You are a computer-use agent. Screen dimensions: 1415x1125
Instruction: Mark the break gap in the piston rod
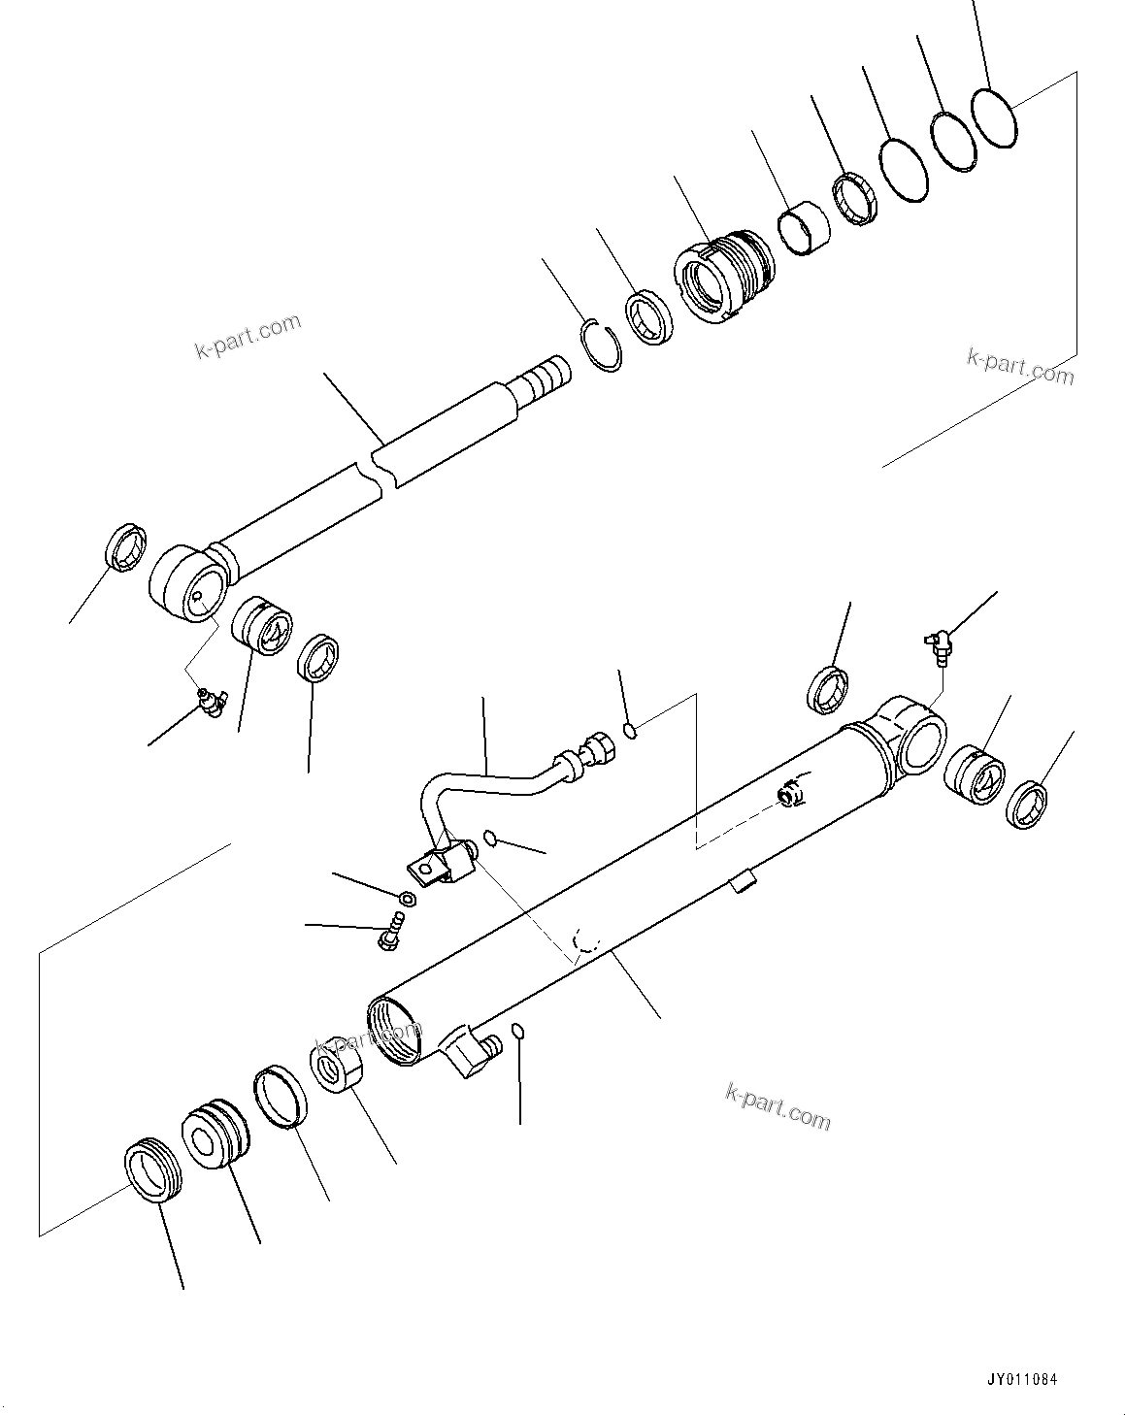[x=379, y=470]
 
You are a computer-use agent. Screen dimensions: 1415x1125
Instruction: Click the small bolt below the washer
[x=389, y=931]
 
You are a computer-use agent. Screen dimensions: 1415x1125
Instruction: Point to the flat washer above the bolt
[x=408, y=896]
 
